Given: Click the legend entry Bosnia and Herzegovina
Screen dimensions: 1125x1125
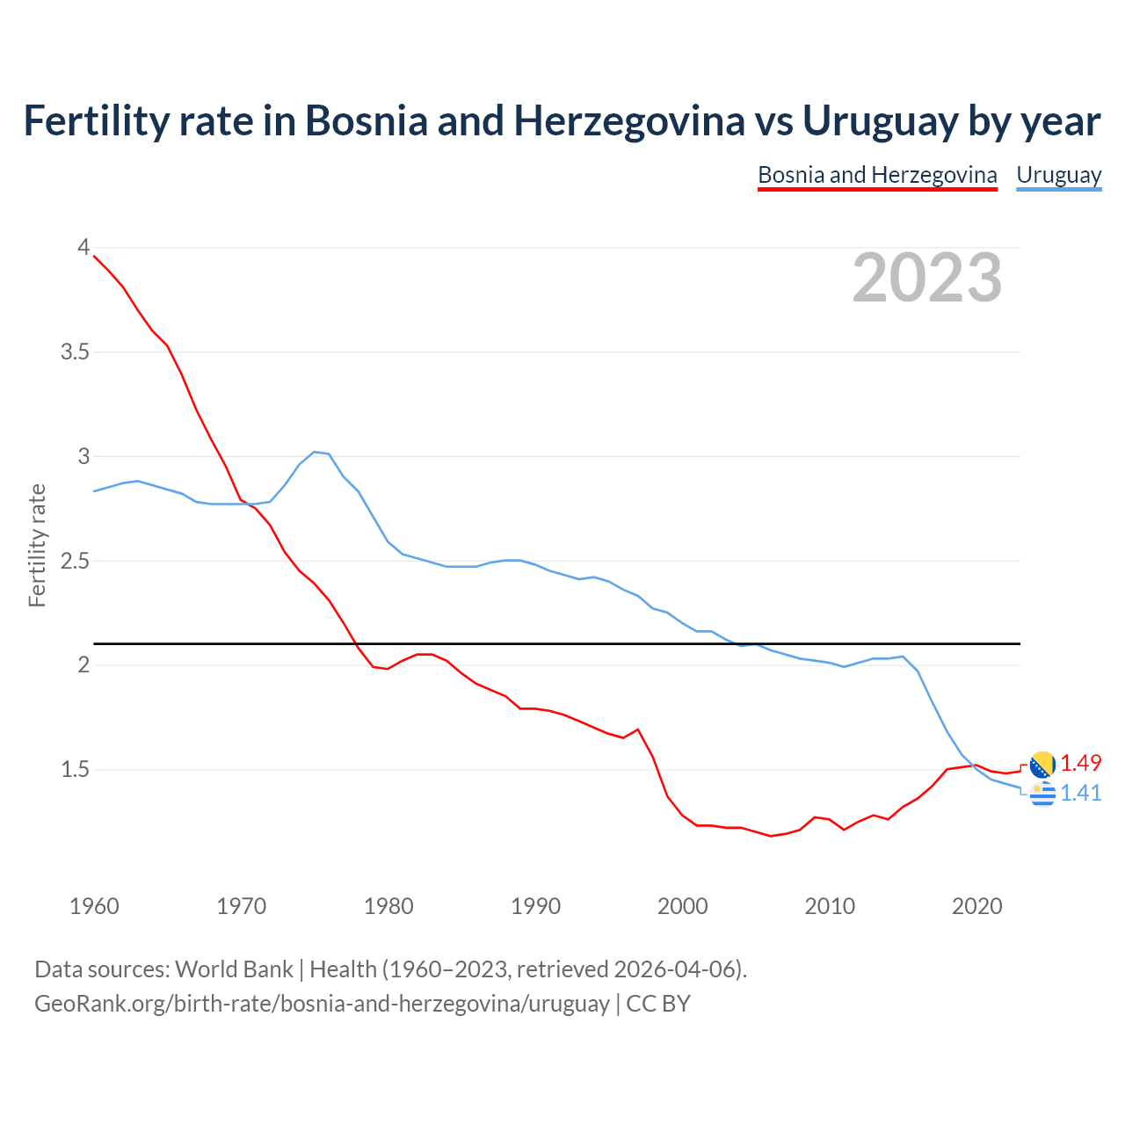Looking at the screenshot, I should pos(877,175).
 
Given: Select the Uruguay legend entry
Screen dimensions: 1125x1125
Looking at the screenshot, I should pos(1058,175).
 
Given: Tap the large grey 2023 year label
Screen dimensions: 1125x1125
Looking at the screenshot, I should pos(927,278).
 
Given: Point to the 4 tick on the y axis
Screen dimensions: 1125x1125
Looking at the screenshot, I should pos(83,248).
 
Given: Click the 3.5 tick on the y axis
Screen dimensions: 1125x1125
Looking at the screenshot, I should pos(76,352).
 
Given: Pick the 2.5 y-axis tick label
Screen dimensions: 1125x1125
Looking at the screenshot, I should pos(76,561).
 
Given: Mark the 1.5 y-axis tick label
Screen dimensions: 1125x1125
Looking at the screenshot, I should pos(76,770).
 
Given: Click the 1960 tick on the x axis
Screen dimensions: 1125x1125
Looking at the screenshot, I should pos(94,906).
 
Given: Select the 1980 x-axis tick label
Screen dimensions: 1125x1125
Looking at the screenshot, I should pos(388,906).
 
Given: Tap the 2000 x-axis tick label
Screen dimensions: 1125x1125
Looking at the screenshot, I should pos(683,906).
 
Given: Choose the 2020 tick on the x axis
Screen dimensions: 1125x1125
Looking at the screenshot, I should pos(976,906).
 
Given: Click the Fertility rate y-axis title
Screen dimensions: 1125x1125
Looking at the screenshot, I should pos(37,545).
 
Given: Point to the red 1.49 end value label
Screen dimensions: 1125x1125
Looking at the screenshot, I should pos(1080,763).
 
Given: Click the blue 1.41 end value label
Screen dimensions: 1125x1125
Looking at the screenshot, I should pos(1080,793).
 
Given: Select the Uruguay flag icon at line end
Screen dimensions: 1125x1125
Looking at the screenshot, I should pos(1042,794).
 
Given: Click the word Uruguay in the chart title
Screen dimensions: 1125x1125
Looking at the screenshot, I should pos(879,121).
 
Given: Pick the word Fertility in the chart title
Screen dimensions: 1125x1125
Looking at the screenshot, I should pos(84,121).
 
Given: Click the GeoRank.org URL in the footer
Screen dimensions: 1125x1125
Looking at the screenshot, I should pos(322,1003).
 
